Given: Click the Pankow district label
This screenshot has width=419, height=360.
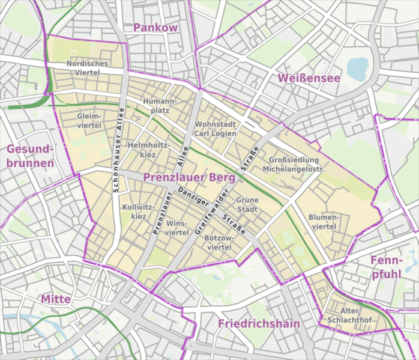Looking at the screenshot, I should [155, 28].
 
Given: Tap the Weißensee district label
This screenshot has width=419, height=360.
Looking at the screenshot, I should [309, 78].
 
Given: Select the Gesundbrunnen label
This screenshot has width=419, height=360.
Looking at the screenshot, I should [30, 156].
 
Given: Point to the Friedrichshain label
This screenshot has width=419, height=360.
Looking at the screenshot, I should [258, 324].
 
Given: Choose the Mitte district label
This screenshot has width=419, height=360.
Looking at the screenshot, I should [56, 299].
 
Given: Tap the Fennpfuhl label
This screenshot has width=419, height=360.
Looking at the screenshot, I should [385, 267].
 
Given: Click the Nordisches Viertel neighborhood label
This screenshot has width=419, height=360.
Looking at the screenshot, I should [87, 67].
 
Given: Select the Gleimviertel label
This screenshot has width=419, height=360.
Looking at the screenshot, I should [89, 120].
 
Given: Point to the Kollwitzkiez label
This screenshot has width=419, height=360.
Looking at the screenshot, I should [138, 212].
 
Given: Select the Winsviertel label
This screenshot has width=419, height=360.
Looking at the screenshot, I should [177, 227].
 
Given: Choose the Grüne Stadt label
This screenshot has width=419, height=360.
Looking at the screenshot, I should [247, 205].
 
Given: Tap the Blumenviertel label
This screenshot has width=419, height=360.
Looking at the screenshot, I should [324, 221].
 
